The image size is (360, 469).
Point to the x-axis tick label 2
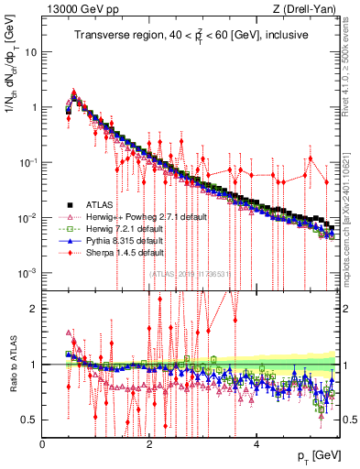[150, 443]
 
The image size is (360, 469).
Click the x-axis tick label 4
[256, 443]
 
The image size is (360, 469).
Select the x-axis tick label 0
[43, 443]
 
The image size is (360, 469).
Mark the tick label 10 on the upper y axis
[30, 52]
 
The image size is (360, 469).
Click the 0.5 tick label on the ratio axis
[29, 420]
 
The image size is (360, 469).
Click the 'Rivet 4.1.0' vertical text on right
[349, 55]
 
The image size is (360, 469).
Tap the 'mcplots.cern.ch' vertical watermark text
[349, 211]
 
